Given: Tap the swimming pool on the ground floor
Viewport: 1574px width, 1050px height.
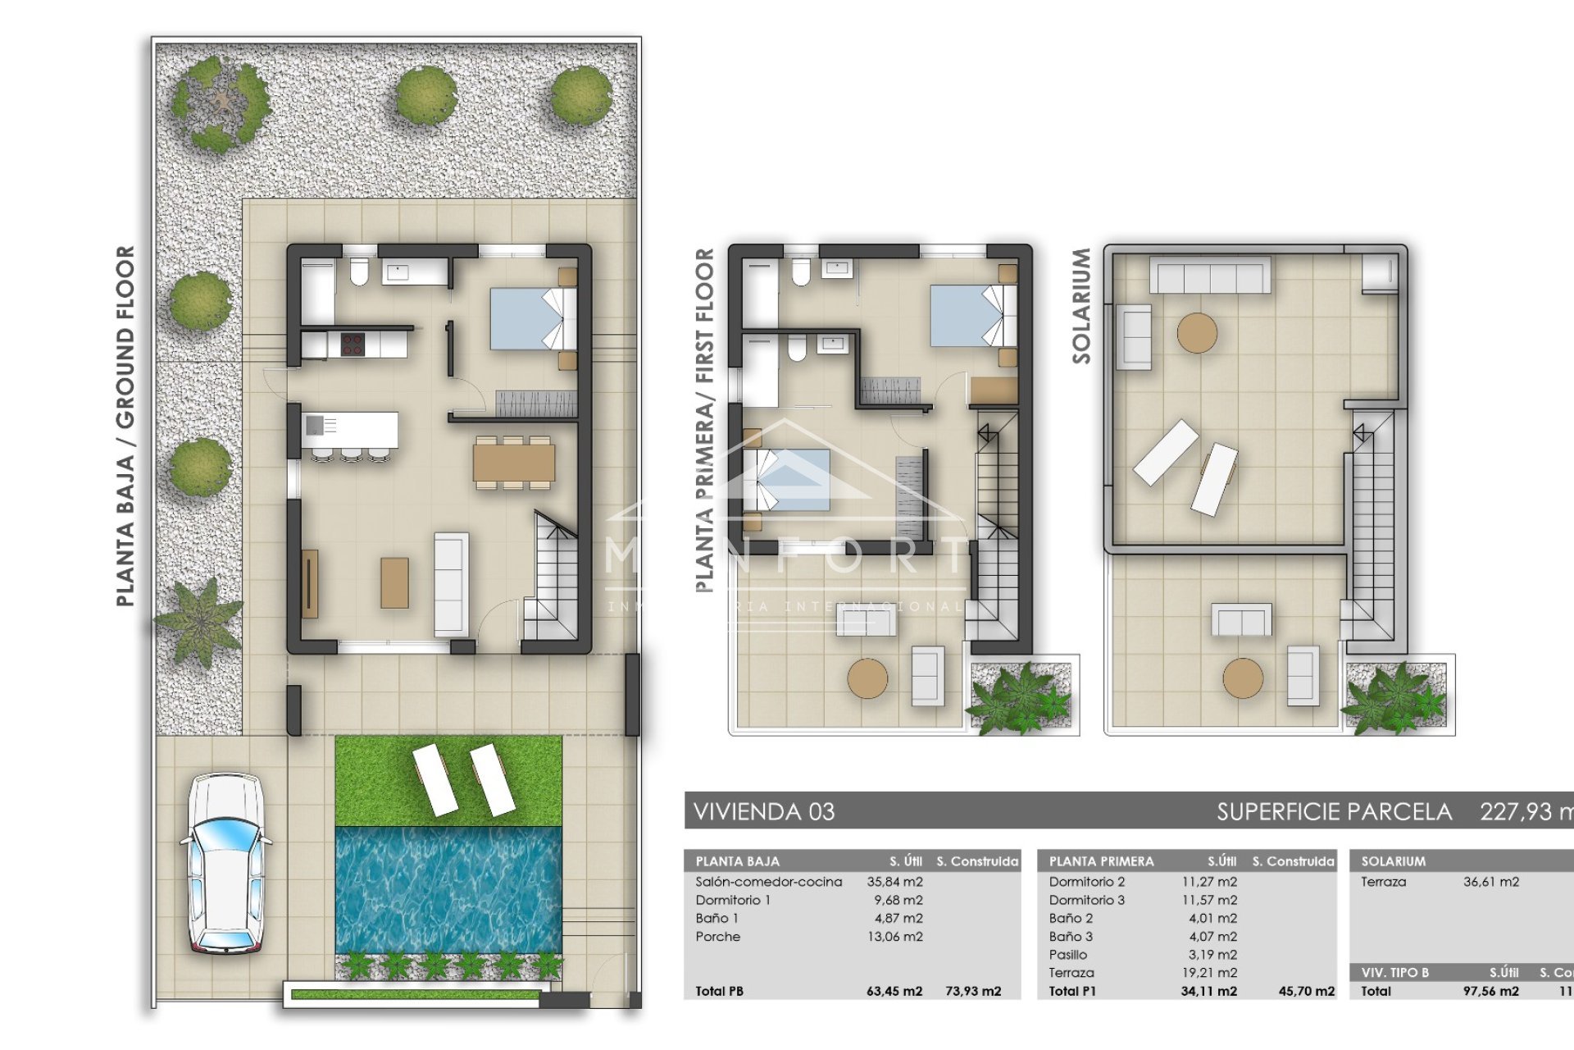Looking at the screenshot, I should pos(448,889).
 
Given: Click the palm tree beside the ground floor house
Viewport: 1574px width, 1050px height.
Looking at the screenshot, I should pos(199,620).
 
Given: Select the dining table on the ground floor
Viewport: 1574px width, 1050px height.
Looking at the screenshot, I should pos(514,462).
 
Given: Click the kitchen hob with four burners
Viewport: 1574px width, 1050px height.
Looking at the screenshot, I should pos(353,345).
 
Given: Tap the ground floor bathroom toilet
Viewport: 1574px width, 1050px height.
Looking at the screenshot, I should pos(359,272).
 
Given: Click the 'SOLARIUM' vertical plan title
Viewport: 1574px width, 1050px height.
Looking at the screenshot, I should pos(1081,305).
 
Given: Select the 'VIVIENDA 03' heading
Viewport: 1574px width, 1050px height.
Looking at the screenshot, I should pos(764,812).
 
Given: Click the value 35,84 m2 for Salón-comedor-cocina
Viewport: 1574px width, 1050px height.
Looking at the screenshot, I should pos(894,882).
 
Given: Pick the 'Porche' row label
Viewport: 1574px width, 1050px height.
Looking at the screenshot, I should pos(717,937).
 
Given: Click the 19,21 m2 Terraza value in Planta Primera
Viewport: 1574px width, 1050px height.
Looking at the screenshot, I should pos(1212,973).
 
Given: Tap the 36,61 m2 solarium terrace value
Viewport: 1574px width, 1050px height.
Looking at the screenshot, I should pos(1490,882).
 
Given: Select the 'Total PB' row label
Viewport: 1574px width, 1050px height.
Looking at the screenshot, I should pos(719,991).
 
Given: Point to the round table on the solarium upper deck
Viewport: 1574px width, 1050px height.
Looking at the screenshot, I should pos(1197,333).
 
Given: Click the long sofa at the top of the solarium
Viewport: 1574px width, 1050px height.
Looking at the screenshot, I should pos(1209,276).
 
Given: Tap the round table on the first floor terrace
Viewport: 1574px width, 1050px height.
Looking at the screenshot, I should pos(867,678).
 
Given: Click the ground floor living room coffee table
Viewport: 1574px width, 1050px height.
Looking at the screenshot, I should pos(394,582).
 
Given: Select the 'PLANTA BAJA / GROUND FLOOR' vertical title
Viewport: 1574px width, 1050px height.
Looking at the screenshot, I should pos(125,426).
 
